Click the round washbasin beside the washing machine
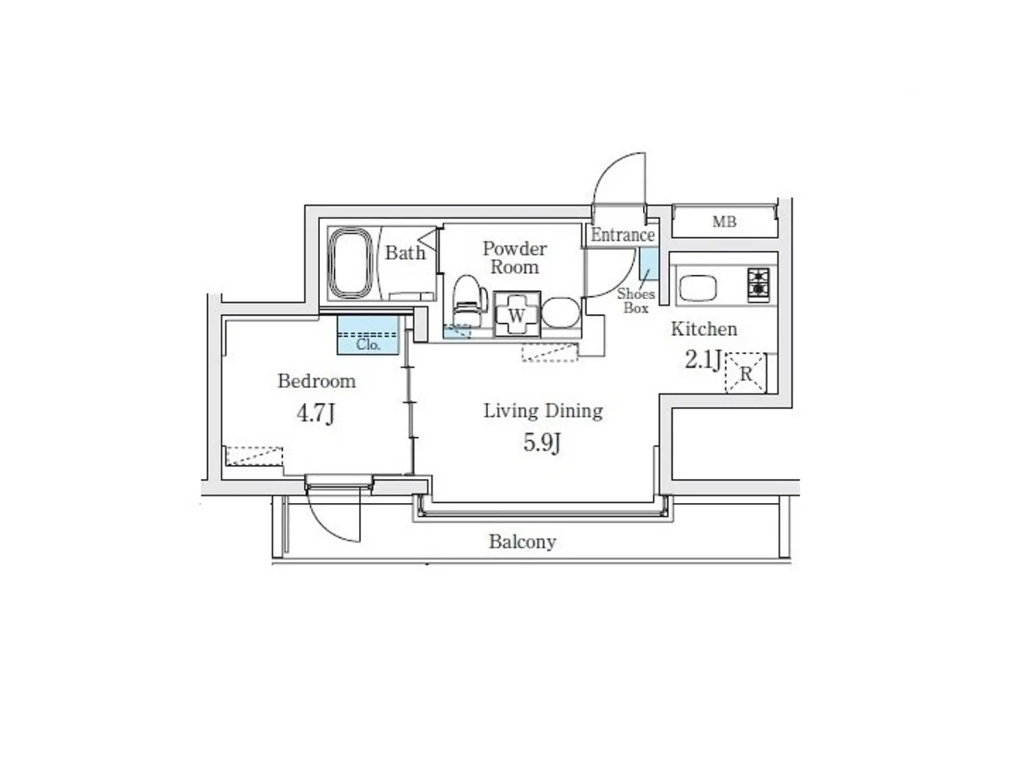click(561, 313)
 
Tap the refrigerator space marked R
click(746, 373)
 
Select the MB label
click(724, 221)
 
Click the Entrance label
click(622, 235)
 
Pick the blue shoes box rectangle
click(647, 264)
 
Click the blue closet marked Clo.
click(368, 335)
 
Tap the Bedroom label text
click(316, 381)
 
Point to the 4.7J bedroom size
click(316, 413)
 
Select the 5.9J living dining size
click(542, 442)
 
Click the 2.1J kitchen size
click(702, 359)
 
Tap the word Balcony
click(522, 541)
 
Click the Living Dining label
click(543, 410)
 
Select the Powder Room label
click(514, 258)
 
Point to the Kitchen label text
click(703, 329)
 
